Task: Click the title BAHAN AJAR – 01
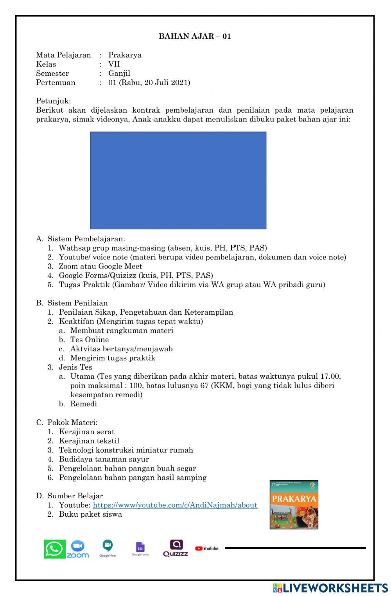[195, 36]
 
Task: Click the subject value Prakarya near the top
[125, 55]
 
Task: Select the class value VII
[114, 64]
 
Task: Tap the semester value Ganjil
[119, 73]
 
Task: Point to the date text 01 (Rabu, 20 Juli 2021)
[149, 82]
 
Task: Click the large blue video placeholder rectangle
[178, 180]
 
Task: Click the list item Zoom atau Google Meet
[100, 266]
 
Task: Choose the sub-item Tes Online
[90, 340]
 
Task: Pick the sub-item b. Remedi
[83, 404]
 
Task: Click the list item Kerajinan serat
[86, 431]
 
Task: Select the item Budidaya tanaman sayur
[104, 459]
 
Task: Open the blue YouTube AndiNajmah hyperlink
[175, 505]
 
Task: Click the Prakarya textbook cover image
[294, 505]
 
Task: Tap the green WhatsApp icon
[54, 549]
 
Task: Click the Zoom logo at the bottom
[77, 549]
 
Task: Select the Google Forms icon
[140, 548]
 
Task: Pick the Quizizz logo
[176, 548]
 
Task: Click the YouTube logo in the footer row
[206, 548]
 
